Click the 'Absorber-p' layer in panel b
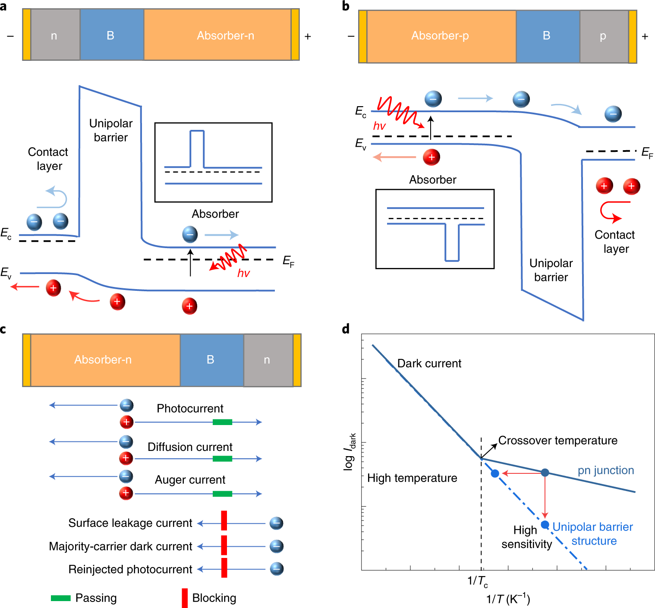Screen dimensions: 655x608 pos(441,36)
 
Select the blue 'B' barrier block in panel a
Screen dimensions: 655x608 pos(112,35)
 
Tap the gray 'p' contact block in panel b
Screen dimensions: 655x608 pos(604,36)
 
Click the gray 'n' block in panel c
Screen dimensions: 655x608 pos(268,360)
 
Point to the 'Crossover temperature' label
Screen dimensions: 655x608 pos(558,441)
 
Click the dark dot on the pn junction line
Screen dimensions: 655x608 pos(545,473)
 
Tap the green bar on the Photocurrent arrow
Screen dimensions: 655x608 pos(222,422)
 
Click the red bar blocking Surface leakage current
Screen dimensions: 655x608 pos(224,520)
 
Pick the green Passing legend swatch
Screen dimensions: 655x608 pos(61,598)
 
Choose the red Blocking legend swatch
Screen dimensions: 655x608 pos(185,598)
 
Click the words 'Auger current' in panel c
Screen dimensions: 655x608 pos(190,479)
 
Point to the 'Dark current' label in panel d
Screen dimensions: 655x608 pos(429,363)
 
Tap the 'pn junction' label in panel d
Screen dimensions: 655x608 pos(606,470)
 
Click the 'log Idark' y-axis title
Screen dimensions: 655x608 pos(350,452)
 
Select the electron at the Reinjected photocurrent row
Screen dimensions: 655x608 pos(277,569)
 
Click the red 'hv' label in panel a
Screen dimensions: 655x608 pos(243,273)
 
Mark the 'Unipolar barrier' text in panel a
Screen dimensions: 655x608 pos(111,130)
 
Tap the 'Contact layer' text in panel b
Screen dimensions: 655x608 pos(615,242)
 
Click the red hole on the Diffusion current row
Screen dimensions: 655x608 pos(126,458)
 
